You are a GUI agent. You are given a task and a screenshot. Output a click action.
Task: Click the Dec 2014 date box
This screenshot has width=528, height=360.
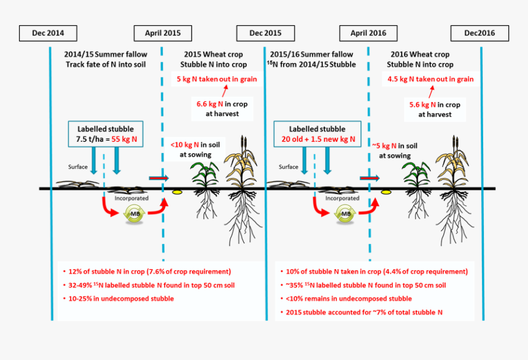point(48,33)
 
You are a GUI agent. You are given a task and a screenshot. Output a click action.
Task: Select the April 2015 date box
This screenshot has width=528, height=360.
point(162,33)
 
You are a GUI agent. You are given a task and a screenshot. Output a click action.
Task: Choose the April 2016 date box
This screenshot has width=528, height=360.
point(368,33)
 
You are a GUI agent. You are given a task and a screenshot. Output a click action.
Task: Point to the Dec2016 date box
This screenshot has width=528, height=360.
point(479,33)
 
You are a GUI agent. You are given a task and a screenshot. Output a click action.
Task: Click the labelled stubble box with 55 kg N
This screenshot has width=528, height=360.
point(106,135)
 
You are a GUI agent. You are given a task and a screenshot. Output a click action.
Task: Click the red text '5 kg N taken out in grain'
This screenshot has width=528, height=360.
point(217,79)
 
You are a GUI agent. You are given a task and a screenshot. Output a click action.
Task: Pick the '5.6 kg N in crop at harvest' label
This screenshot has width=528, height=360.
point(434,109)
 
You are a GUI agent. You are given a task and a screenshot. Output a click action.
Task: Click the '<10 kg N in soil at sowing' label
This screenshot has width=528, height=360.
point(195,149)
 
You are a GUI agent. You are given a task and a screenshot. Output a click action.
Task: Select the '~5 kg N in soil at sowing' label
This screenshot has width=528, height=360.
point(399,150)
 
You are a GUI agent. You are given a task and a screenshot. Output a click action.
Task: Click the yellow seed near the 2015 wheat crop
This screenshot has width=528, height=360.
point(177,192)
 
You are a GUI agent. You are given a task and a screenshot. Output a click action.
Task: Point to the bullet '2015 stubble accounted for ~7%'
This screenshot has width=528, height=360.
point(373,312)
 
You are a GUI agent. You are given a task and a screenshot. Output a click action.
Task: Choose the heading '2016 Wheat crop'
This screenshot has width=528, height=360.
point(420,55)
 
